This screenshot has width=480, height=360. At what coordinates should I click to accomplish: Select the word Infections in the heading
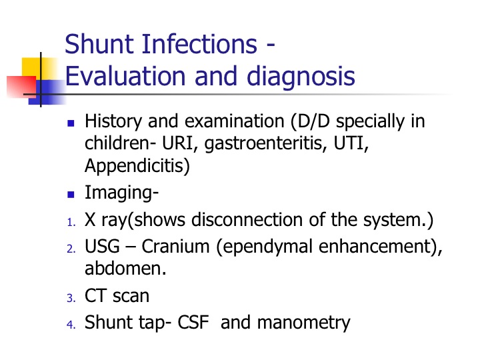coord(199,44)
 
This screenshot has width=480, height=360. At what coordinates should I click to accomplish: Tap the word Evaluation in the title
coord(125,76)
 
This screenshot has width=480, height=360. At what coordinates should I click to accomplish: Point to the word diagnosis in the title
coord(301,76)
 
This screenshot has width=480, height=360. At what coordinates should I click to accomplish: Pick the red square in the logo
coord(21,87)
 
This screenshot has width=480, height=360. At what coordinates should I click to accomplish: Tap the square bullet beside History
coord(71,123)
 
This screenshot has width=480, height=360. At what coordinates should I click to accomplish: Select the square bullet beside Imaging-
coord(71,195)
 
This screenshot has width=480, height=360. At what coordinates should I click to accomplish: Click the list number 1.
coord(71,222)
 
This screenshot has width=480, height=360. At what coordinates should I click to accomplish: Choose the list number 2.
coord(71,249)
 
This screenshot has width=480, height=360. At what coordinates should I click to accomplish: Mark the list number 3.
coord(71,298)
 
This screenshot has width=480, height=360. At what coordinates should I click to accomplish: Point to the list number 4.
coord(71,325)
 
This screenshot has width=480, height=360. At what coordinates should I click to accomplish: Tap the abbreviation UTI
coord(351,143)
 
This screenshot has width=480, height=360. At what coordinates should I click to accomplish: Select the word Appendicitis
coord(137,166)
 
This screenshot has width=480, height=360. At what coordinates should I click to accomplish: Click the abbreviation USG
coord(102,246)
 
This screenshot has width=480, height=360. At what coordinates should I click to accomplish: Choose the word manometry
coord(304,323)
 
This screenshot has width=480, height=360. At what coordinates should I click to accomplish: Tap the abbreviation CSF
coord(193,322)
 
